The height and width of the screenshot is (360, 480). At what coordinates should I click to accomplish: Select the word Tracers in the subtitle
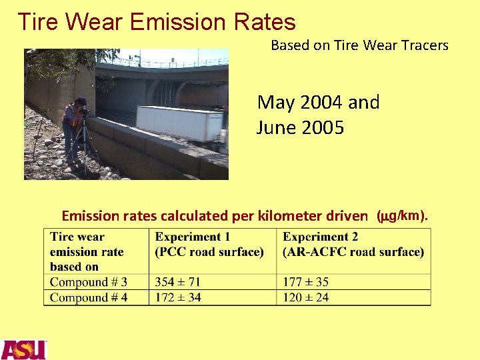425,45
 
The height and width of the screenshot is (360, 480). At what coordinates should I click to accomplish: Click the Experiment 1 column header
209,244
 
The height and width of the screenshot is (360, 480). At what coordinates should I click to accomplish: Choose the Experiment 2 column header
353,244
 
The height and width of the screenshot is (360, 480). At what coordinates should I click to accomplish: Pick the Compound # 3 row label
89,282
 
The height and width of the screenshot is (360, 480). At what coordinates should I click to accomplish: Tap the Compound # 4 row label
89,297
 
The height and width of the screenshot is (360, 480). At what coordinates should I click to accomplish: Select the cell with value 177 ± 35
305,282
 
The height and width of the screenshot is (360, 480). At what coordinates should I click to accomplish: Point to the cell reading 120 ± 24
305,297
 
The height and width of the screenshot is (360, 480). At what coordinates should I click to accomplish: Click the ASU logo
23,349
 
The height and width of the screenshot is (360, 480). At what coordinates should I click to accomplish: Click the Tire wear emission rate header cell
87,251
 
